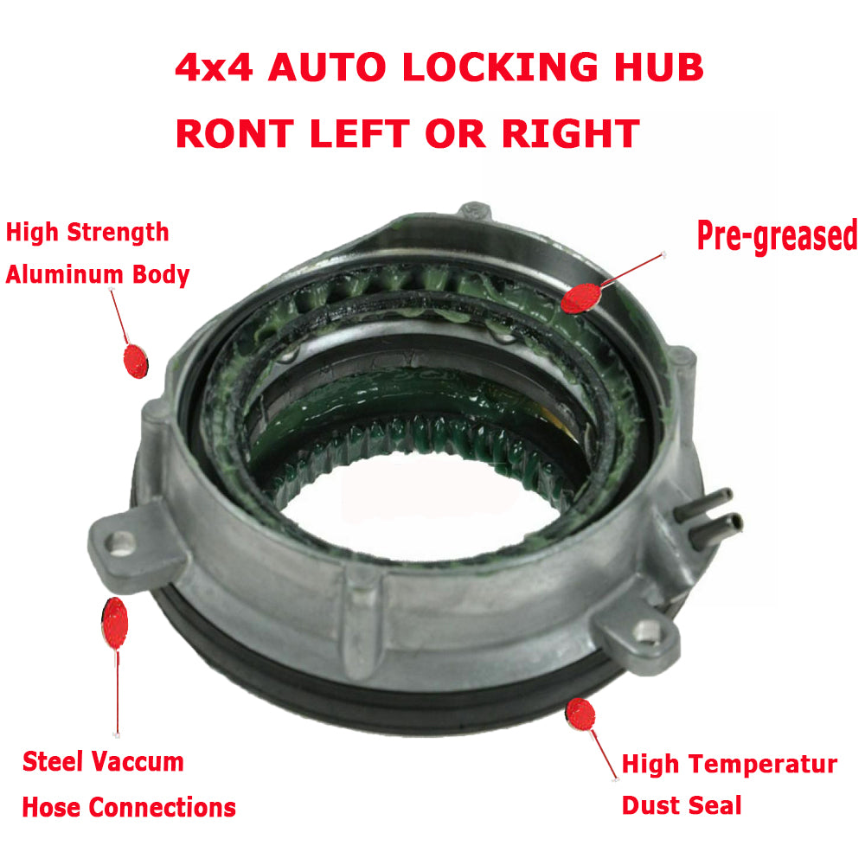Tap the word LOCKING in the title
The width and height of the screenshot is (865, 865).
[x=500, y=67]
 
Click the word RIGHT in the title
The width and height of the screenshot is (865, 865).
[x=571, y=133]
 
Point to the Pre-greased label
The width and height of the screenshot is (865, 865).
[x=778, y=235]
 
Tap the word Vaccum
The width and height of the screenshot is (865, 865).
[x=138, y=762]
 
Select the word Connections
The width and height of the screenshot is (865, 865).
[x=163, y=808]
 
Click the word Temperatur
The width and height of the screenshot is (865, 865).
[x=764, y=765]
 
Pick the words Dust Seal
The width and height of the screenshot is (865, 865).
[x=682, y=805]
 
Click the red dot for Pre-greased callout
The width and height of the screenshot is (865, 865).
[x=581, y=298]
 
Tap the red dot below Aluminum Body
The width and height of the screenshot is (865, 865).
[x=136, y=362]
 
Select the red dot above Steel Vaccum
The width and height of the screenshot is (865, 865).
[x=115, y=623]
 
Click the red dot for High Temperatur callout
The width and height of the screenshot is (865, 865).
[x=580, y=714]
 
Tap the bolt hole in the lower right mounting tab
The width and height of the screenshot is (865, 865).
[x=646, y=631]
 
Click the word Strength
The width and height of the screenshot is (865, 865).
[x=118, y=233]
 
